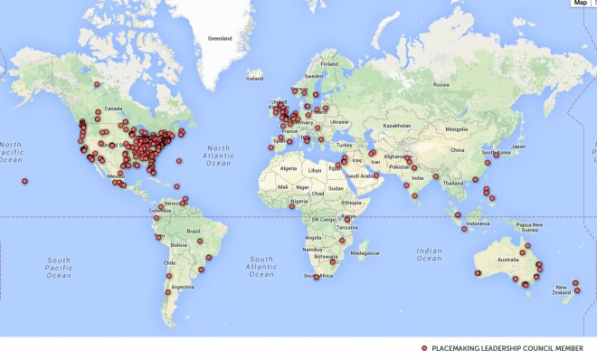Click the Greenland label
coord(220,39)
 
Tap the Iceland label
coord(254,78)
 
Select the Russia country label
coord(441,85)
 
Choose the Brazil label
coord(192,232)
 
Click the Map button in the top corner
coord(580,4)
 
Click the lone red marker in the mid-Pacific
coord(24,182)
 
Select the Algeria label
coord(289,169)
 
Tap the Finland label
coord(329,64)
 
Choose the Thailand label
coord(455,183)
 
